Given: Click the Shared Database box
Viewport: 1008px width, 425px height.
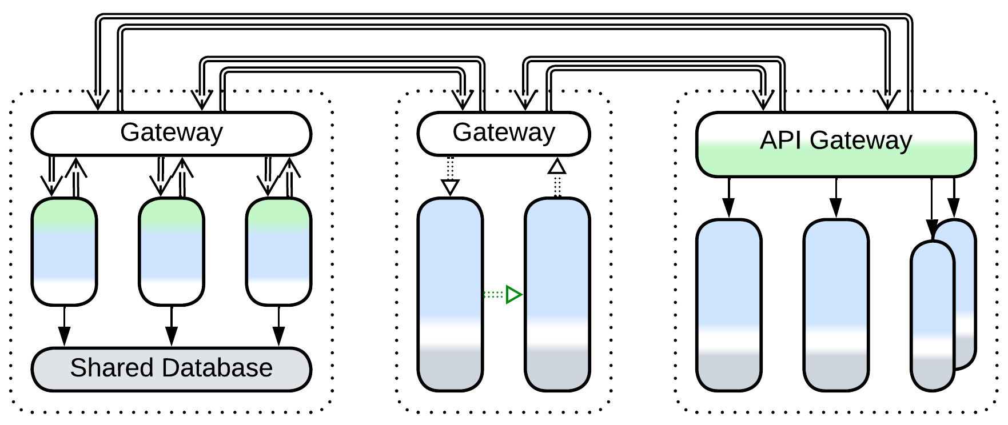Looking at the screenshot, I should point(171,369).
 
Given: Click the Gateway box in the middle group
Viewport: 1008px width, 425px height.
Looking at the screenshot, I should point(503,134).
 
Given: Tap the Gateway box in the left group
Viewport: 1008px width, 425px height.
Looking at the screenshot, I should point(171,134).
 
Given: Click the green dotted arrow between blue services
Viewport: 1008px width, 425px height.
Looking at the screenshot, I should point(503,295).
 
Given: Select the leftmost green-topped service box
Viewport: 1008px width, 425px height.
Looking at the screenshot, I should point(64,251).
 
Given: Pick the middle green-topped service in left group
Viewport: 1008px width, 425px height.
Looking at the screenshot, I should point(171,251).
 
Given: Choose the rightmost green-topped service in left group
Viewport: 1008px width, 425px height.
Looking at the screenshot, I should point(278,251).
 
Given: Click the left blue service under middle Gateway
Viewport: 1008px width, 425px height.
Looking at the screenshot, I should point(450,294).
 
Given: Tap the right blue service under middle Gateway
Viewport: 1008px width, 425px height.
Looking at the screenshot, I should point(557,294).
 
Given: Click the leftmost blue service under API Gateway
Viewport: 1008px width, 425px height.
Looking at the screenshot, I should point(728,305).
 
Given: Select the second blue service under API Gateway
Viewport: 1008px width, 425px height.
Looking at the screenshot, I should point(835,305).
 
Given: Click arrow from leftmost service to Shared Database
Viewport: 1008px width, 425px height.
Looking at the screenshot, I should point(64,326).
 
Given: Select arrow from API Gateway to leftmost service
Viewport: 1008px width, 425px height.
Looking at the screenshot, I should point(728,198).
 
